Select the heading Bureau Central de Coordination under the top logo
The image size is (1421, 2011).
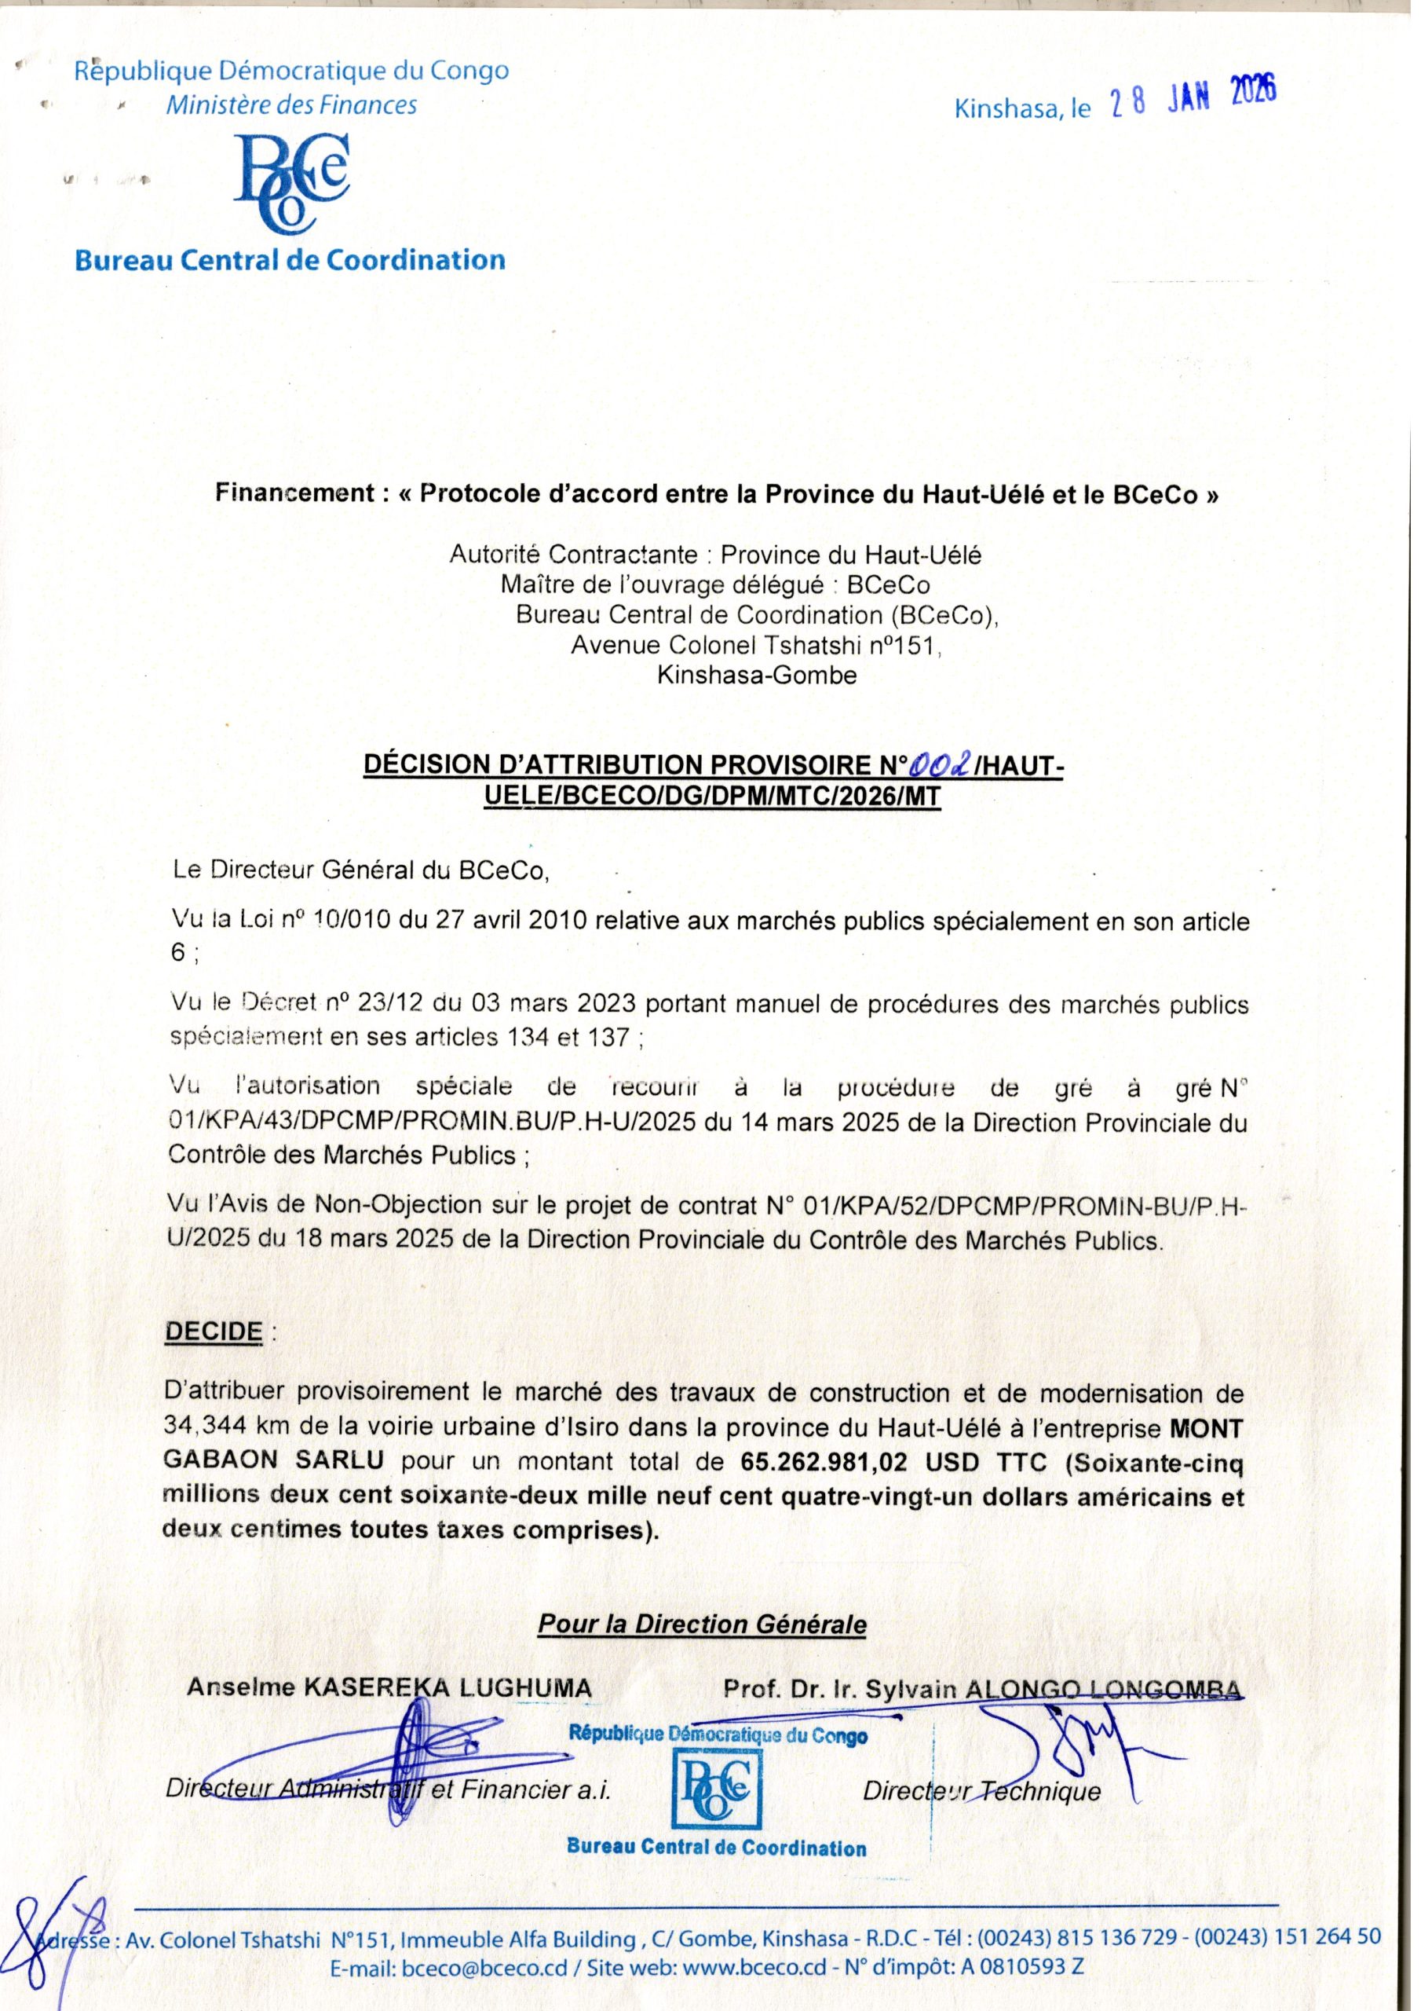coord(290,260)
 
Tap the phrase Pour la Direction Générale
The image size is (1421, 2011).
coord(701,1624)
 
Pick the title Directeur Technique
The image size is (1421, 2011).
coord(981,1790)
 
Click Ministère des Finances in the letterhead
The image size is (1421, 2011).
coord(291,106)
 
